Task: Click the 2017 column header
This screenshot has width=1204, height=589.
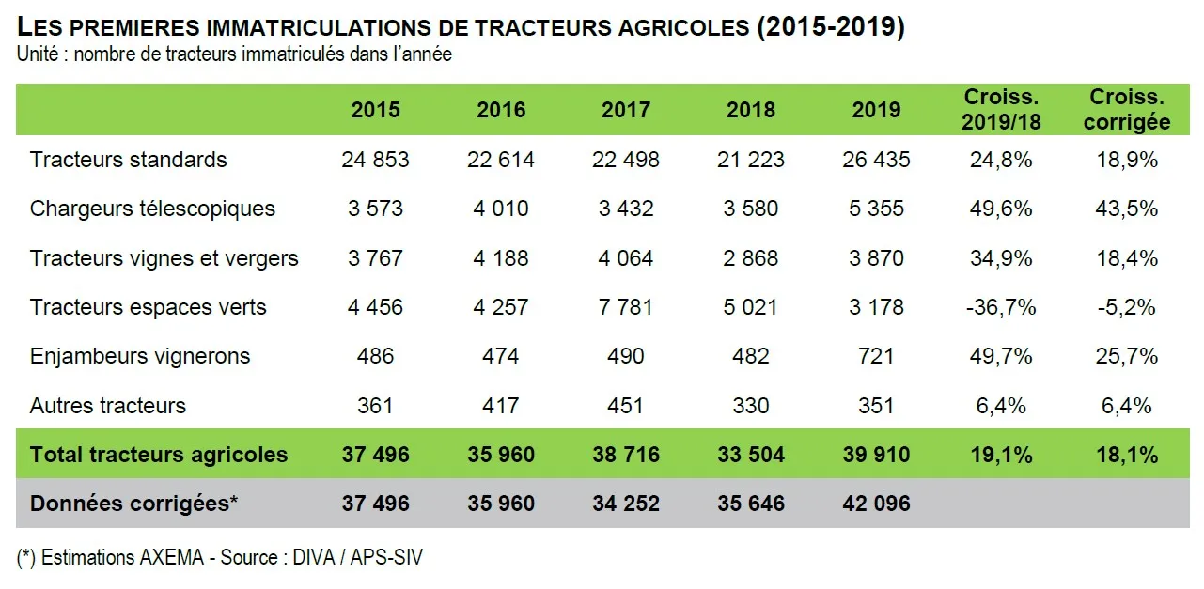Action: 625,110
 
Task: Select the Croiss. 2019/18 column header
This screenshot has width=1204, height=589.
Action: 1001,109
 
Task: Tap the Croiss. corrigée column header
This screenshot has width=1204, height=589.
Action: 1126,109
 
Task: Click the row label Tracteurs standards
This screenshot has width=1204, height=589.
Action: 129,160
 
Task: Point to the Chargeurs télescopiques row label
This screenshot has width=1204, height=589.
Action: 152,209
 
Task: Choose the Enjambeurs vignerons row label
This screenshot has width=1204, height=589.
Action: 140,356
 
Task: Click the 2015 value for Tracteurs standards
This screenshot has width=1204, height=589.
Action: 375,160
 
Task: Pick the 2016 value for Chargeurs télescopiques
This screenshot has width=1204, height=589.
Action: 500,209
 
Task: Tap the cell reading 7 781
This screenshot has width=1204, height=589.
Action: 625,307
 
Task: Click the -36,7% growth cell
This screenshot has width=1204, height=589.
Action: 1001,307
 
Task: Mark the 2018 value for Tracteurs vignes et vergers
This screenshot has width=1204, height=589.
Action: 750,257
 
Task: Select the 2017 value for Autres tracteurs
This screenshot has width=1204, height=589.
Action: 625,406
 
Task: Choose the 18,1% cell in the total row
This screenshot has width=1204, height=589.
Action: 1126,455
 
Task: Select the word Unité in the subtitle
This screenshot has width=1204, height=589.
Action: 37,54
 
